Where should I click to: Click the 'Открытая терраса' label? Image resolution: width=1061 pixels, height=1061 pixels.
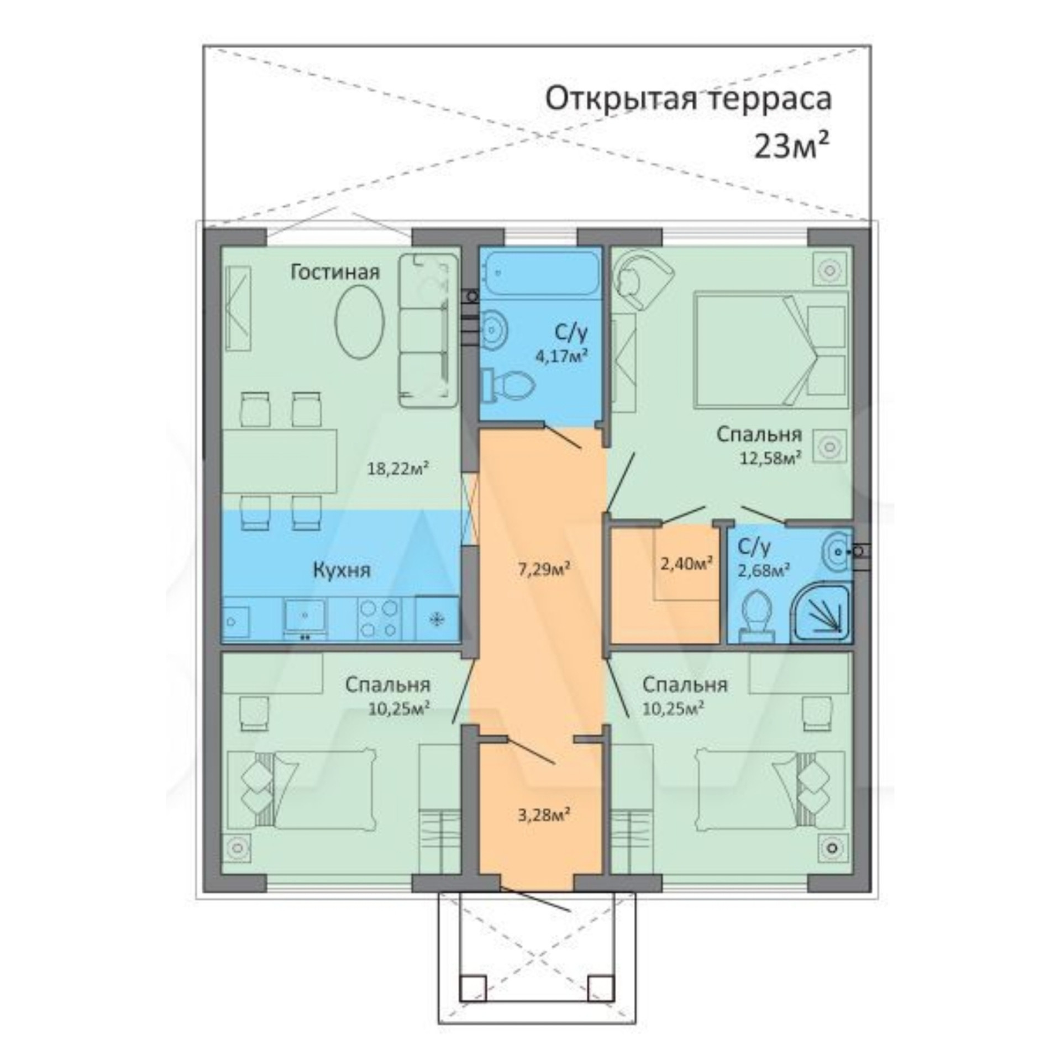coord(689,100)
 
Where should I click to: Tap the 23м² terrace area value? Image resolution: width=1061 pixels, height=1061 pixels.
coord(792,146)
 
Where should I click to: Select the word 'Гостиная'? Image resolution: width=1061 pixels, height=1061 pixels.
coord(335,272)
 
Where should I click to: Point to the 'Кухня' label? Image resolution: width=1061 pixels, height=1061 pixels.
coord(342,570)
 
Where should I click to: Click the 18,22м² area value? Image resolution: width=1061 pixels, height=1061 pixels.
coord(398,469)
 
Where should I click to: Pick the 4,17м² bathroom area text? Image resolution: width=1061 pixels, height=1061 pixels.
coord(560,355)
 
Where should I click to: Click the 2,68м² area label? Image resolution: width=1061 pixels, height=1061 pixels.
coord(763,570)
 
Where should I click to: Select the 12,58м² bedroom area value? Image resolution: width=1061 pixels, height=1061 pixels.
coord(771,458)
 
